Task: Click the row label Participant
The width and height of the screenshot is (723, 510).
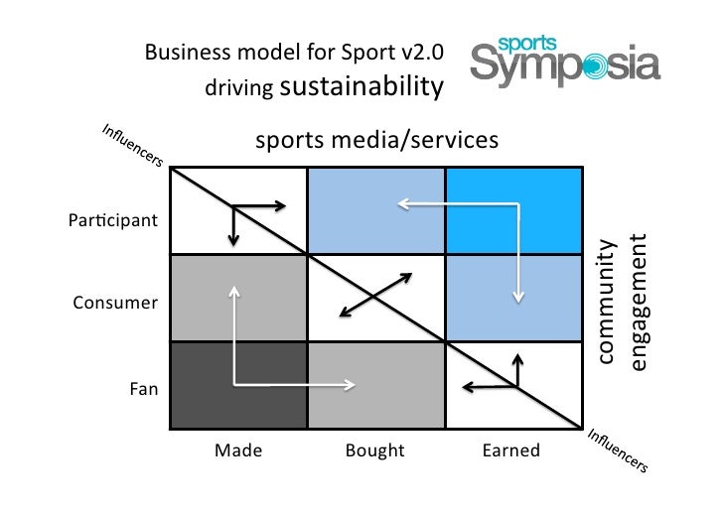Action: [x=112, y=219]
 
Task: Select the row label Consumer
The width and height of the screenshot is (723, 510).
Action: [x=115, y=303]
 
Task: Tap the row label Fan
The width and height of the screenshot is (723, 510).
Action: [x=144, y=389]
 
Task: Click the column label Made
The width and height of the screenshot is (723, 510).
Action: [x=238, y=450]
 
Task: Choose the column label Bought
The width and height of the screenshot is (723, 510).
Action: [x=374, y=450]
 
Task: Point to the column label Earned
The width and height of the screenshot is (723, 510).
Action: [x=510, y=450]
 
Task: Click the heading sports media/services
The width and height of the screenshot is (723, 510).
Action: [x=376, y=141]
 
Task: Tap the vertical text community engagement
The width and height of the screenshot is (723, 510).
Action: [x=625, y=303]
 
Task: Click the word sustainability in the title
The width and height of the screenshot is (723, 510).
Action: [x=361, y=87]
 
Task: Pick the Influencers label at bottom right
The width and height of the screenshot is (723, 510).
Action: [x=617, y=449]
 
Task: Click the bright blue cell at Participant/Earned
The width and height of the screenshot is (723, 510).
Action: [x=511, y=211]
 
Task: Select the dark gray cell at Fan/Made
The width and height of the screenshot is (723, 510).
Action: [x=238, y=385]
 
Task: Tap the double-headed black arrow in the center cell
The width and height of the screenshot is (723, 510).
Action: [x=375, y=295]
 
